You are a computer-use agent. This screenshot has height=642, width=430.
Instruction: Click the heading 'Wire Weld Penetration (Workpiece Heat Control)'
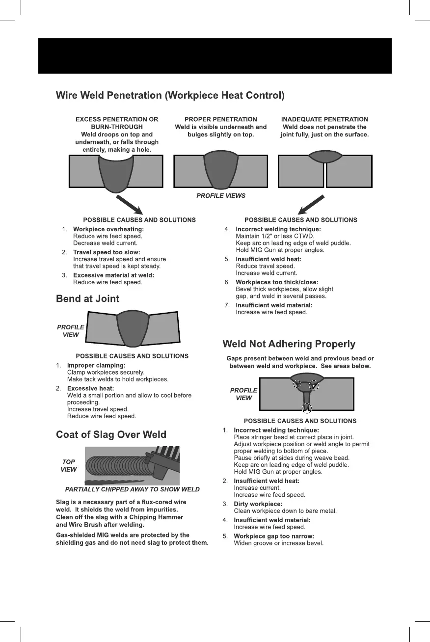[x=170, y=95]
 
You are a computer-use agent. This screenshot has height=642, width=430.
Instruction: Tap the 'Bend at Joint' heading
[x=87, y=298]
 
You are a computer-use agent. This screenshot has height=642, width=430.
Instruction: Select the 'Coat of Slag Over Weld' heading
[x=111, y=434]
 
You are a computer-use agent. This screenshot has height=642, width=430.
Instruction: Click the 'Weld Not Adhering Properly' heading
[x=289, y=344]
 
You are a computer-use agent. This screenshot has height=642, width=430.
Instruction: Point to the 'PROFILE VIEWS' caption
[x=221, y=195]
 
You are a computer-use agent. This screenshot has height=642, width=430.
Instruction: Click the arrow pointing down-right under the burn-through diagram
[x=129, y=205]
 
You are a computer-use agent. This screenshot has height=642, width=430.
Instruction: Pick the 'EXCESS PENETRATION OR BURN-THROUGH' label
[x=117, y=123]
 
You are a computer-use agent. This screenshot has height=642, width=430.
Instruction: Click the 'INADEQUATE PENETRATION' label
[x=324, y=119]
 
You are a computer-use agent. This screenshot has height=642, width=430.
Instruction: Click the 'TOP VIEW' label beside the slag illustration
[x=69, y=466]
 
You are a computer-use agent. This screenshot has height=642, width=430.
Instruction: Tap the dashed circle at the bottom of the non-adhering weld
[x=306, y=407]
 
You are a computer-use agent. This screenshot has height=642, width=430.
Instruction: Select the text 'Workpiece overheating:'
[x=108, y=229]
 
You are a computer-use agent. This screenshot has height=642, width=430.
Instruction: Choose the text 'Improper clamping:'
[x=96, y=365]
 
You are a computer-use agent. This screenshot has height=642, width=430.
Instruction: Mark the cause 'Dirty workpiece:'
[x=258, y=504]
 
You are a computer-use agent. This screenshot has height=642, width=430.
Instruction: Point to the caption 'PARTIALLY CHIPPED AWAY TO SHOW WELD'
[x=133, y=489]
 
